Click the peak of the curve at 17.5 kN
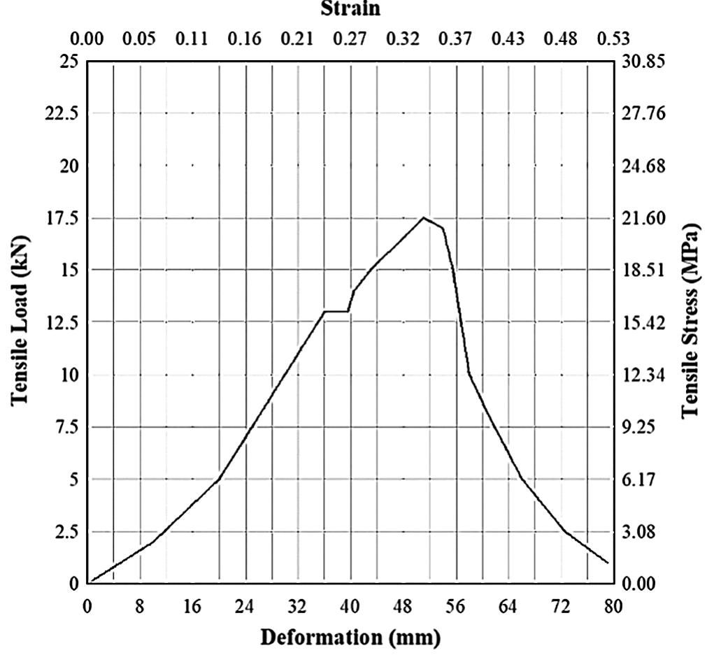(423, 218)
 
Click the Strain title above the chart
(350, 9)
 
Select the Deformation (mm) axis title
(350, 637)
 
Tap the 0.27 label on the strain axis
(350, 38)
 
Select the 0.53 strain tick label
(613, 38)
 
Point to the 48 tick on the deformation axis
(403, 606)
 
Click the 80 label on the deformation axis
(613, 606)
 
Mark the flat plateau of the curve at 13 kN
(336, 311)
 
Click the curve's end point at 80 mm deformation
(608, 563)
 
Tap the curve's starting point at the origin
(90, 582)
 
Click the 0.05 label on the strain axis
(139, 38)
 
